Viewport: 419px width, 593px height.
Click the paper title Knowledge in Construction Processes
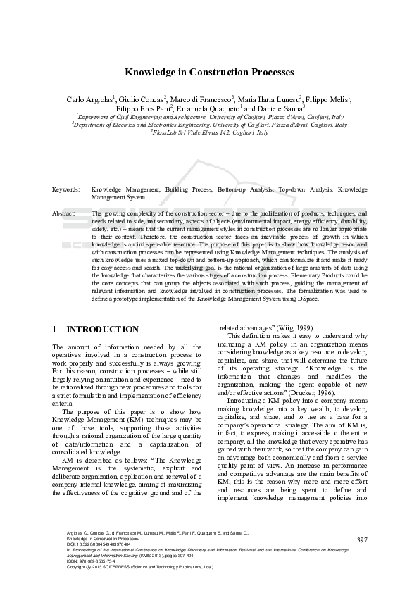pyautogui.click(x=210, y=72)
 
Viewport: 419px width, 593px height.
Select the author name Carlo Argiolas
pyautogui.click(x=89, y=99)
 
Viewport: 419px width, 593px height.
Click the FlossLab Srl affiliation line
pyautogui.click(x=210, y=132)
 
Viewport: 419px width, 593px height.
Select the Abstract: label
pyautogui.click(x=65, y=212)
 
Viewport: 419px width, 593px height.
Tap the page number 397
pyautogui.click(x=363, y=559)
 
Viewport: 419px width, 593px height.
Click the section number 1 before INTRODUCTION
pyautogui.click(x=55, y=329)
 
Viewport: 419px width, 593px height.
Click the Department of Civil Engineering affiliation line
pyautogui.click(x=210, y=117)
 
